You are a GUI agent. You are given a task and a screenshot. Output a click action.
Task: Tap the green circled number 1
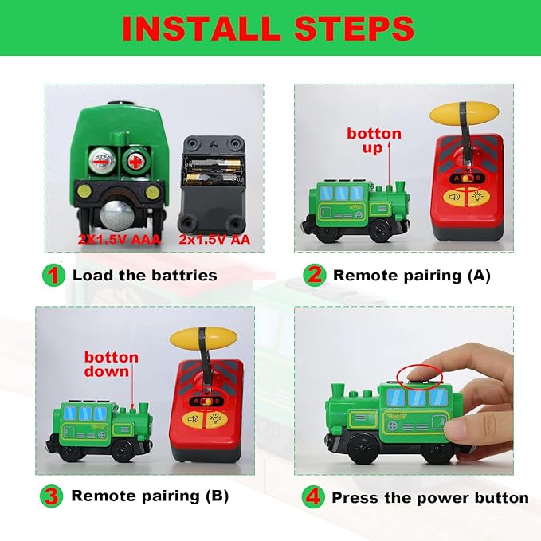pyautogui.click(x=53, y=276)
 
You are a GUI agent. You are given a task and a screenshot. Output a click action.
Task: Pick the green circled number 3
pyautogui.click(x=53, y=496)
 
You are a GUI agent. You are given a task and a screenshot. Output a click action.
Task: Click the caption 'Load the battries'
pyautogui.click(x=144, y=276)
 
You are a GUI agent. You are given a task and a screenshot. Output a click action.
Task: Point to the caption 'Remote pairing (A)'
pyautogui.click(x=411, y=276)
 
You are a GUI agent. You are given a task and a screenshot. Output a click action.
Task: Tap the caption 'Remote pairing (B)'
pyautogui.click(x=150, y=496)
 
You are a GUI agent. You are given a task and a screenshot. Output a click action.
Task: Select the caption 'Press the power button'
pyautogui.click(x=429, y=497)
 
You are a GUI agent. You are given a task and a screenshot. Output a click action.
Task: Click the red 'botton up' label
pyautogui.click(x=374, y=140)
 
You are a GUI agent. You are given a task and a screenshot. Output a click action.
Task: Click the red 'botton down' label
pyautogui.click(x=112, y=365)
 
